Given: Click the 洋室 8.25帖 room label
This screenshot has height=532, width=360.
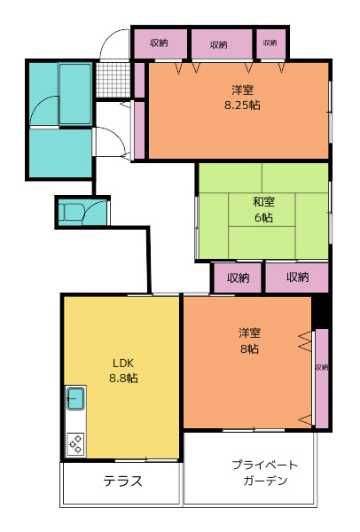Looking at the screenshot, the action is click(242, 98).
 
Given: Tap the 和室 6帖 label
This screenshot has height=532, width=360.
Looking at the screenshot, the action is click(263, 209).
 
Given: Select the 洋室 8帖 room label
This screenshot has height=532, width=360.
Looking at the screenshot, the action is click(249, 340).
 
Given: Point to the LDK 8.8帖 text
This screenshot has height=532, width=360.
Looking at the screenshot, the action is click(123, 371).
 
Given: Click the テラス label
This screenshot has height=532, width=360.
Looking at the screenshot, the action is click(122, 481).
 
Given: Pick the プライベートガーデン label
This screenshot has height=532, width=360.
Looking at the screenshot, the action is click(265, 473).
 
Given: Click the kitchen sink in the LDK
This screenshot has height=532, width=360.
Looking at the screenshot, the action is click(75, 398).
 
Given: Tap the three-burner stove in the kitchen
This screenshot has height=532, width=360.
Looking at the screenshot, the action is click(75, 444).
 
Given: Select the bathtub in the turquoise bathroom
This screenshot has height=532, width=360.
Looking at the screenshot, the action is click(75, 94).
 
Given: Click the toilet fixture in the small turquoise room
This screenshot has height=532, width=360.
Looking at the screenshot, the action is click(70, 213).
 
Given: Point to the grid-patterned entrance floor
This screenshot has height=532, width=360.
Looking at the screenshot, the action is click(113, 80).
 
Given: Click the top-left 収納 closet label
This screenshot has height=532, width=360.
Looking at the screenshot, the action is click(159, 43).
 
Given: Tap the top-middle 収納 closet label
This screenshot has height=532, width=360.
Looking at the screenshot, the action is click(219, 44).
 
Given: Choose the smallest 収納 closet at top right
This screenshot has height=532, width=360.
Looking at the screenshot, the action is click(270, 43).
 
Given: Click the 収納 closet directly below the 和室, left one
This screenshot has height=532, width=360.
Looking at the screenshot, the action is click(238, 278).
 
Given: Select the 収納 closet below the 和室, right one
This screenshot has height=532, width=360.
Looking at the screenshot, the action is click(297, 278).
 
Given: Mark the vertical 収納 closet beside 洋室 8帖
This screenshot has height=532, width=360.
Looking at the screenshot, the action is click(322, 379).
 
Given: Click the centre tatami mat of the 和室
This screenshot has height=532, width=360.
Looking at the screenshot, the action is click(262, 209).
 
